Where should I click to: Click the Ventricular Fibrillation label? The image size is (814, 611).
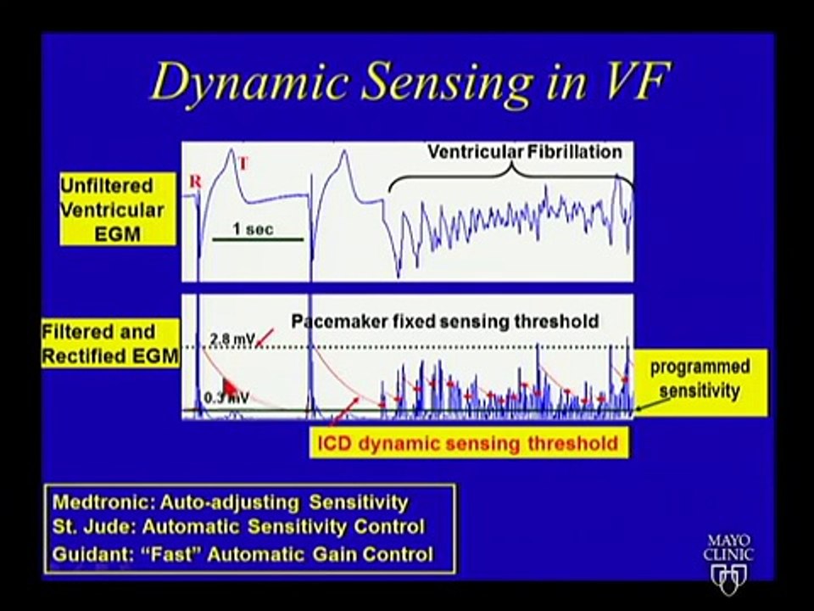[x=524, y=153]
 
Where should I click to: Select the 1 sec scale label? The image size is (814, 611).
[x=254, y=229]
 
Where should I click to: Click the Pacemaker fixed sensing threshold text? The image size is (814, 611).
[x=445, y=322]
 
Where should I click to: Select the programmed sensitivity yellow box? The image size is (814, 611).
[x=700, y=380]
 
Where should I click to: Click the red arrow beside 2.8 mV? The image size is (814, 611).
[x=265, y=339]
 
